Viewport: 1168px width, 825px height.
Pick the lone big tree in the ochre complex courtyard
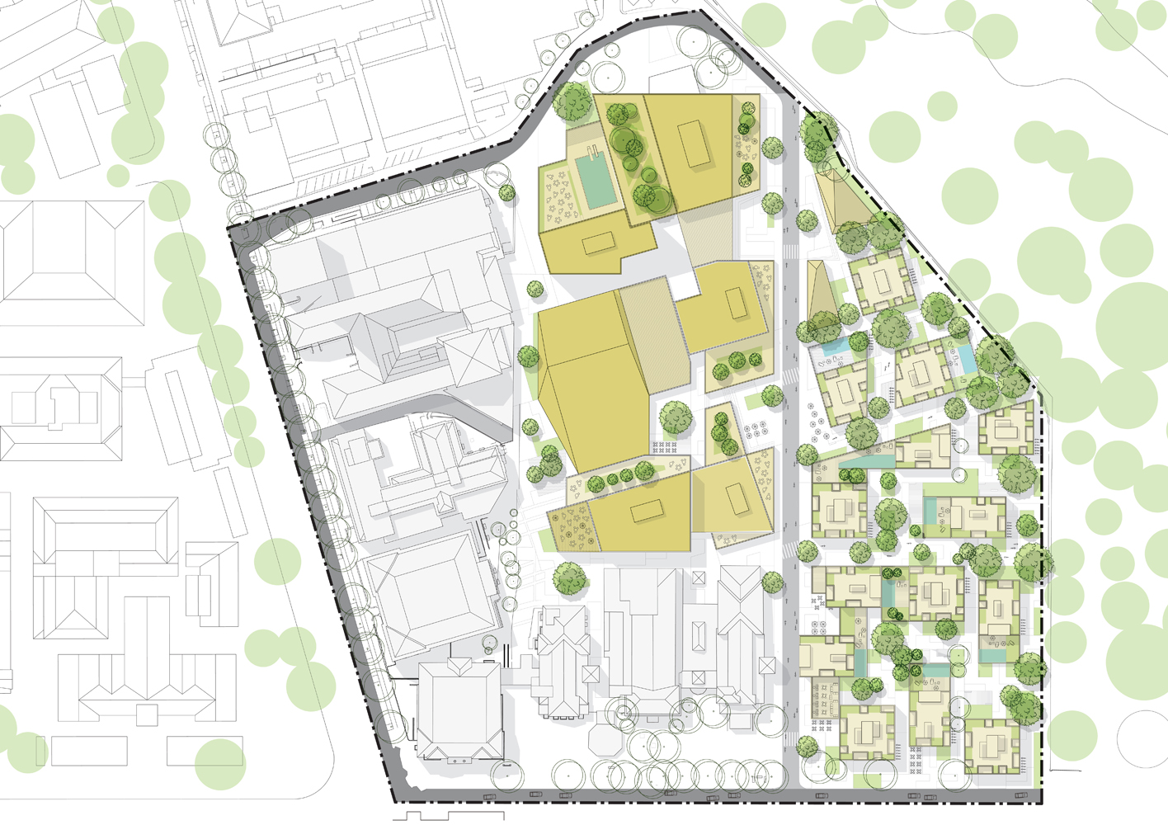pos(676,417)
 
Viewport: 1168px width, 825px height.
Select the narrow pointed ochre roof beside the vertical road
pos(818,293)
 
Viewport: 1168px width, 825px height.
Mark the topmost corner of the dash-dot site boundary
pos(700,12)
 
